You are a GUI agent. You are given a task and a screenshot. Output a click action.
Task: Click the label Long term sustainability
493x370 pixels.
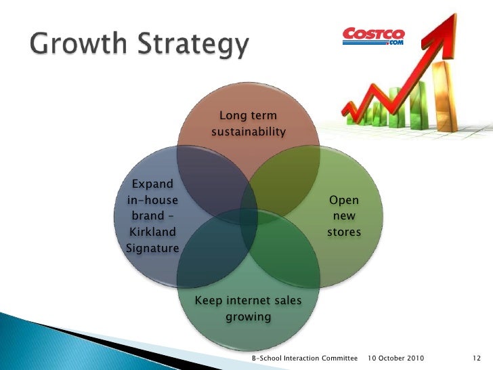coord(248,123)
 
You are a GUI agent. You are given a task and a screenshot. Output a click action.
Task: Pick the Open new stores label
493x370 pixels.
coord(343,216)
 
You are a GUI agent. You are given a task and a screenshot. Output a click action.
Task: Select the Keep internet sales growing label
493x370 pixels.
coord(248,308)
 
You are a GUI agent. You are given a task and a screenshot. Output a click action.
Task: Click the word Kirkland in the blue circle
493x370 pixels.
coord(152,232)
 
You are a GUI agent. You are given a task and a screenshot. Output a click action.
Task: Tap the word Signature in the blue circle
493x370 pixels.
coord(152,248)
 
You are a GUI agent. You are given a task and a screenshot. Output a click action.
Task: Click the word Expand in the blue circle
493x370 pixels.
coord(152,184)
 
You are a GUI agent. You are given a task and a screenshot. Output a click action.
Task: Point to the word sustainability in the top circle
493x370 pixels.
coord(248,131)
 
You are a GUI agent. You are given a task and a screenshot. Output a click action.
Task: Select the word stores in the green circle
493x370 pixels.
coord(343,232)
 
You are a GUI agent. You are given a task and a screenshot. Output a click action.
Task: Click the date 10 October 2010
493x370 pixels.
coord(395,357)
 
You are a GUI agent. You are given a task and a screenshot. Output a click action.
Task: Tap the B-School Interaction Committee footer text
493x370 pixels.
coord(303,357)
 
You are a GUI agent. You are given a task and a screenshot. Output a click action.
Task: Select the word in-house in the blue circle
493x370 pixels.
coord(152,200)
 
